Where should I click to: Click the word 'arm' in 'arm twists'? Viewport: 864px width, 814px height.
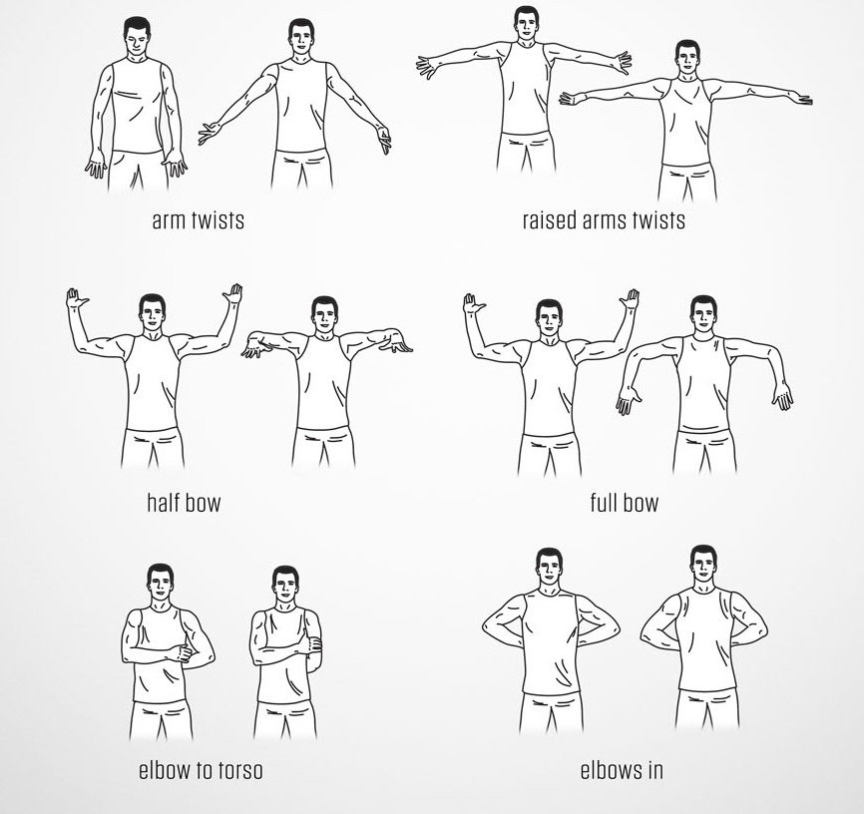168,220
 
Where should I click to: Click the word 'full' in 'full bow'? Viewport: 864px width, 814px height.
603,502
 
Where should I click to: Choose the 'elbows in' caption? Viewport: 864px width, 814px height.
622,769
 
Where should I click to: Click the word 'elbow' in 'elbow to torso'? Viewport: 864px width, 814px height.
165,769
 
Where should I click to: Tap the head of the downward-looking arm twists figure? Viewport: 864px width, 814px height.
137,37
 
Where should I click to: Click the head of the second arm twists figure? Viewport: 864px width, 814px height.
301,39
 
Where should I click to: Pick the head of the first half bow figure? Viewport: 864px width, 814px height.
152,313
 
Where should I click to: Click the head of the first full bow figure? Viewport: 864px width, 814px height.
549,318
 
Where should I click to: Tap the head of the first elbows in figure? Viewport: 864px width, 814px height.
550,569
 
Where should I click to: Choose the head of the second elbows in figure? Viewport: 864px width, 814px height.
703,566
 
